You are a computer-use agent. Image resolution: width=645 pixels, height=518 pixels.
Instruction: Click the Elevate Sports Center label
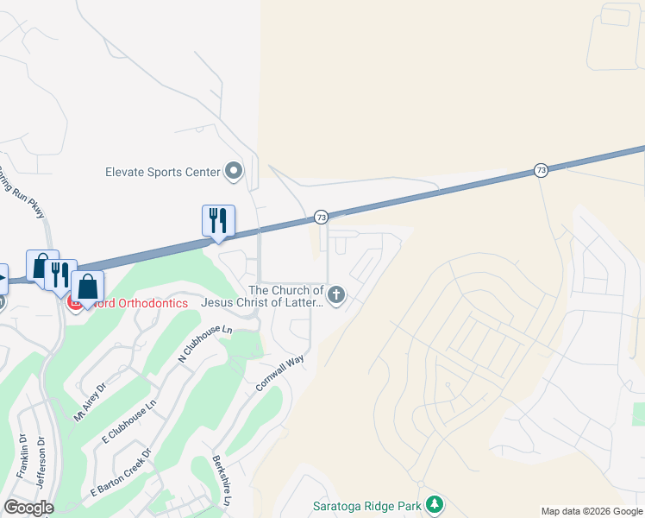click(x=162, y=172)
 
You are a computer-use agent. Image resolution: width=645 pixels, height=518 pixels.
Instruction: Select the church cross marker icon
click(x=336, y=296)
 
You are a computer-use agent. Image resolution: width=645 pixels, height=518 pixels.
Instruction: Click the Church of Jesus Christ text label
click(x=262, y=296)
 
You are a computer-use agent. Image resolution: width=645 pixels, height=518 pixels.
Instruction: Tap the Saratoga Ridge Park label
click(x=366, y=504)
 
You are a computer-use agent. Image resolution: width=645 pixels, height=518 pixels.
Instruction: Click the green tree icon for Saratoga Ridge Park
click(x=435, y=503)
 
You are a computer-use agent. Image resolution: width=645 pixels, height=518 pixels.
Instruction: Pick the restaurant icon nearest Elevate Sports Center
click(x=218, y=220)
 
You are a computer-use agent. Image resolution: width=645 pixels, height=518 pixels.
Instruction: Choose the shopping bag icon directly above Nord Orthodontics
click(x=87, y=285)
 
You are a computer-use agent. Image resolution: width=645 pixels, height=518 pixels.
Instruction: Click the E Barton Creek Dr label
click(x=121, y=472)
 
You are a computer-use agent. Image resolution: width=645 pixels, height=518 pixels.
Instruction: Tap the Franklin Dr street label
click(x=23, y=457)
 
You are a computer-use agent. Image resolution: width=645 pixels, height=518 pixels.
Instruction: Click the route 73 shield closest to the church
click(x=320, y=216)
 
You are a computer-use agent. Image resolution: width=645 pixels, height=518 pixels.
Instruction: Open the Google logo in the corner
click(x=28, y=507)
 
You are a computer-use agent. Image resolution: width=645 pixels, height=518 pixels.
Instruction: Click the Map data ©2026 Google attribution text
click(x=592, y=511)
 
